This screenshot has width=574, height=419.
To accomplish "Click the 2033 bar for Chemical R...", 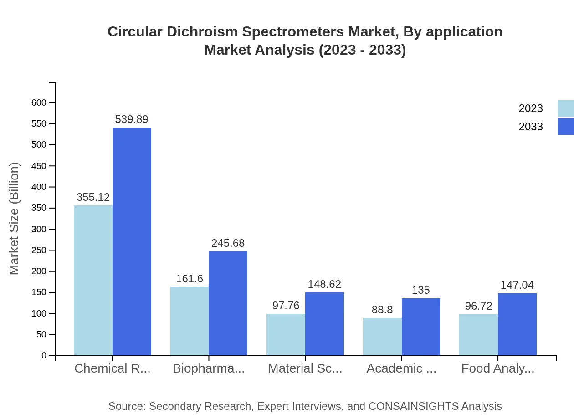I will pos(132,241).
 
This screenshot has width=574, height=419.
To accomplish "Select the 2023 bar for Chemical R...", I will pos(93,280).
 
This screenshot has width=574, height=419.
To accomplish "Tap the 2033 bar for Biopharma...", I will pos(228,303).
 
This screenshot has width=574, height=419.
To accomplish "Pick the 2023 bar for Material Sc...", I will pos(286,335).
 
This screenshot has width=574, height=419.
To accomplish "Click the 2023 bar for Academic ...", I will pos(382,337).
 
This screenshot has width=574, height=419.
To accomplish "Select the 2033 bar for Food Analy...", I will pos(517,324).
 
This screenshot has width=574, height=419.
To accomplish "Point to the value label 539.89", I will pos(132,119).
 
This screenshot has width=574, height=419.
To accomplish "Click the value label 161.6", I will pos(190,279).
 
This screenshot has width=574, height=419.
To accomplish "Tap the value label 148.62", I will pos(324,284).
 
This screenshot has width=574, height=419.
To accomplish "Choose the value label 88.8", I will pos(382,310).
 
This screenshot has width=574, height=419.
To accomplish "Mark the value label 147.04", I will pos(517,285).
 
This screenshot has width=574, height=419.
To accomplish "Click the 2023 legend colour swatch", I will pos(565,108).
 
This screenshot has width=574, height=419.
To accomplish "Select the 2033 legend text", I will pos(531,127).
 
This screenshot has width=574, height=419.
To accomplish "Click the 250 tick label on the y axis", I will pos(39,250).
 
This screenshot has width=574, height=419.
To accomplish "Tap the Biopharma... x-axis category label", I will pos(209,368).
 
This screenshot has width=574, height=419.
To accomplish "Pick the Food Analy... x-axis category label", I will pos(497,368).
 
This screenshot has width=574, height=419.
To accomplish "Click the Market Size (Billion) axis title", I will pos(15,219).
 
